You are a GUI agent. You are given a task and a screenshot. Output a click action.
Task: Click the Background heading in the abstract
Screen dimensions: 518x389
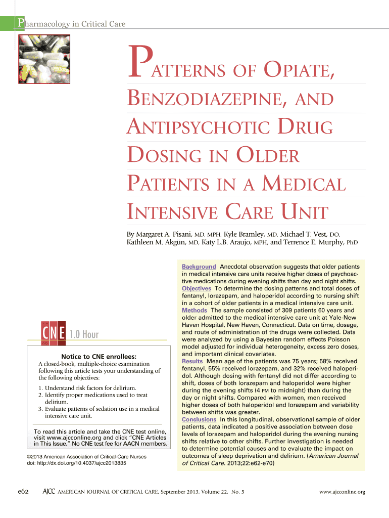pos(199,267)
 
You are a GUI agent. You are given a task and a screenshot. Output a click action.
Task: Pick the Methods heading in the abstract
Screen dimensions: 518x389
pos(194,310)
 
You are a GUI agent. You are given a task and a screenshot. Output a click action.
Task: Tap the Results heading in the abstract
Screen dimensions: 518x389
pos(192,362)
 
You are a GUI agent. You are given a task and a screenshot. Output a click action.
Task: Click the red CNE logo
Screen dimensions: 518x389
pos(52,334)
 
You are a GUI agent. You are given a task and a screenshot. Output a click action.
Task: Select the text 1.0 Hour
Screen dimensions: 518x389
pos(84,334)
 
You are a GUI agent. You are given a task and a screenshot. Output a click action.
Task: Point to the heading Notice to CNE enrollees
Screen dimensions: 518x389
pos(99,356)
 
